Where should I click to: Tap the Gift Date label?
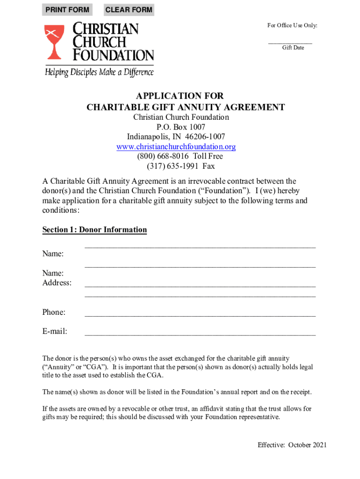coord(293,48)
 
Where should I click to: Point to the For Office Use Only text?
coord(292,25)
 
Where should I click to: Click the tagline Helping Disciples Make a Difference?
coord(99,72)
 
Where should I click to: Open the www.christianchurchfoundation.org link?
coord(176,147)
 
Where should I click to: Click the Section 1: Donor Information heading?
coord(94,230)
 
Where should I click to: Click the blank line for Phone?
coord(200,314)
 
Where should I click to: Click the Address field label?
coord(57,283)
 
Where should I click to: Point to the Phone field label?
coord(54,312)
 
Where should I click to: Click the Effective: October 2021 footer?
coord(292,445)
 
